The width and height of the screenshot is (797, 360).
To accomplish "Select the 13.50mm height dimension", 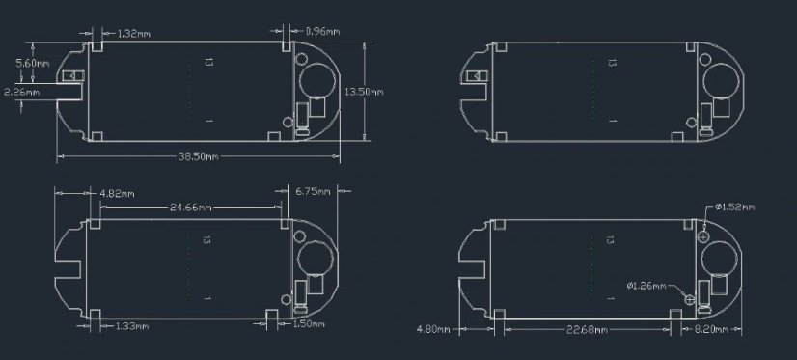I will [x=364, y=92].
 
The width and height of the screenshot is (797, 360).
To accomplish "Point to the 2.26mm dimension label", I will [x=21, y=93].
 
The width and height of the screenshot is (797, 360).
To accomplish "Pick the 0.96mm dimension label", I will [x=321, y=32].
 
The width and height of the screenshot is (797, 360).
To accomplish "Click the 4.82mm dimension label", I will [x=118, y=193].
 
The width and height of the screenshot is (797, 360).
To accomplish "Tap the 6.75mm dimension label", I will [x=310, y=192].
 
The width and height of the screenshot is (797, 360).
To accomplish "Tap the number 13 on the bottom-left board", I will [x=207, y=239].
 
